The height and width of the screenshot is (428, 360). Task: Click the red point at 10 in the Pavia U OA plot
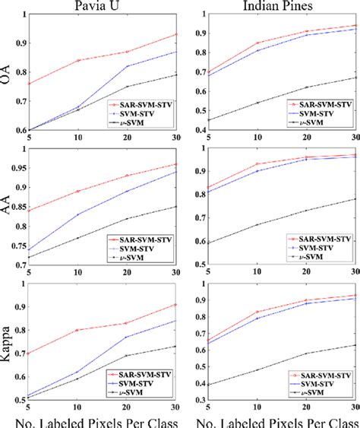(x=77, y=60)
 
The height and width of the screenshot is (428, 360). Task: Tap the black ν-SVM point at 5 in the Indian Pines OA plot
(x=209, y=120)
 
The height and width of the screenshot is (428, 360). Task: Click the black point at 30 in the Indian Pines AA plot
(x=356, y=199)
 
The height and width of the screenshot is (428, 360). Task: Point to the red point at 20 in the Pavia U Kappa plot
(x=127, y=323)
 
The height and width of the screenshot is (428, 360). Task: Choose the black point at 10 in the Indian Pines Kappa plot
(x=257, y=370)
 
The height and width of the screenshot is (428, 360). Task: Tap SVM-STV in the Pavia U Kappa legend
(x=138, y=383)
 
